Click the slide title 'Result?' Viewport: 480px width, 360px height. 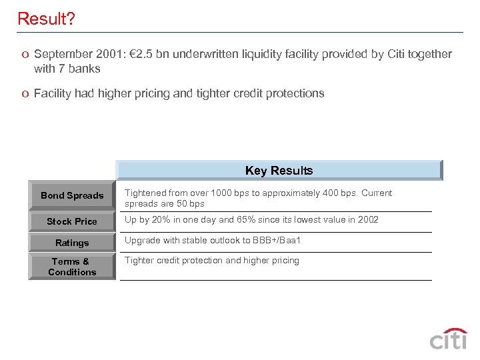46,18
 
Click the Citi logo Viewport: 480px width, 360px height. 448,339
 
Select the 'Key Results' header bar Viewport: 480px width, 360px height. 279,171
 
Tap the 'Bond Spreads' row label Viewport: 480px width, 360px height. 72,195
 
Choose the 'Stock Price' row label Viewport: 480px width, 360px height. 72,221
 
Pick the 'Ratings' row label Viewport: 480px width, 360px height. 72,243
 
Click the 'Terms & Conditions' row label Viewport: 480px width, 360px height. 72,267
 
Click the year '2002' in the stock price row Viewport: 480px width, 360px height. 367,219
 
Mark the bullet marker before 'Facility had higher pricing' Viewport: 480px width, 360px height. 24,93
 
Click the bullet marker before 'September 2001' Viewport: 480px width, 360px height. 24,54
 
